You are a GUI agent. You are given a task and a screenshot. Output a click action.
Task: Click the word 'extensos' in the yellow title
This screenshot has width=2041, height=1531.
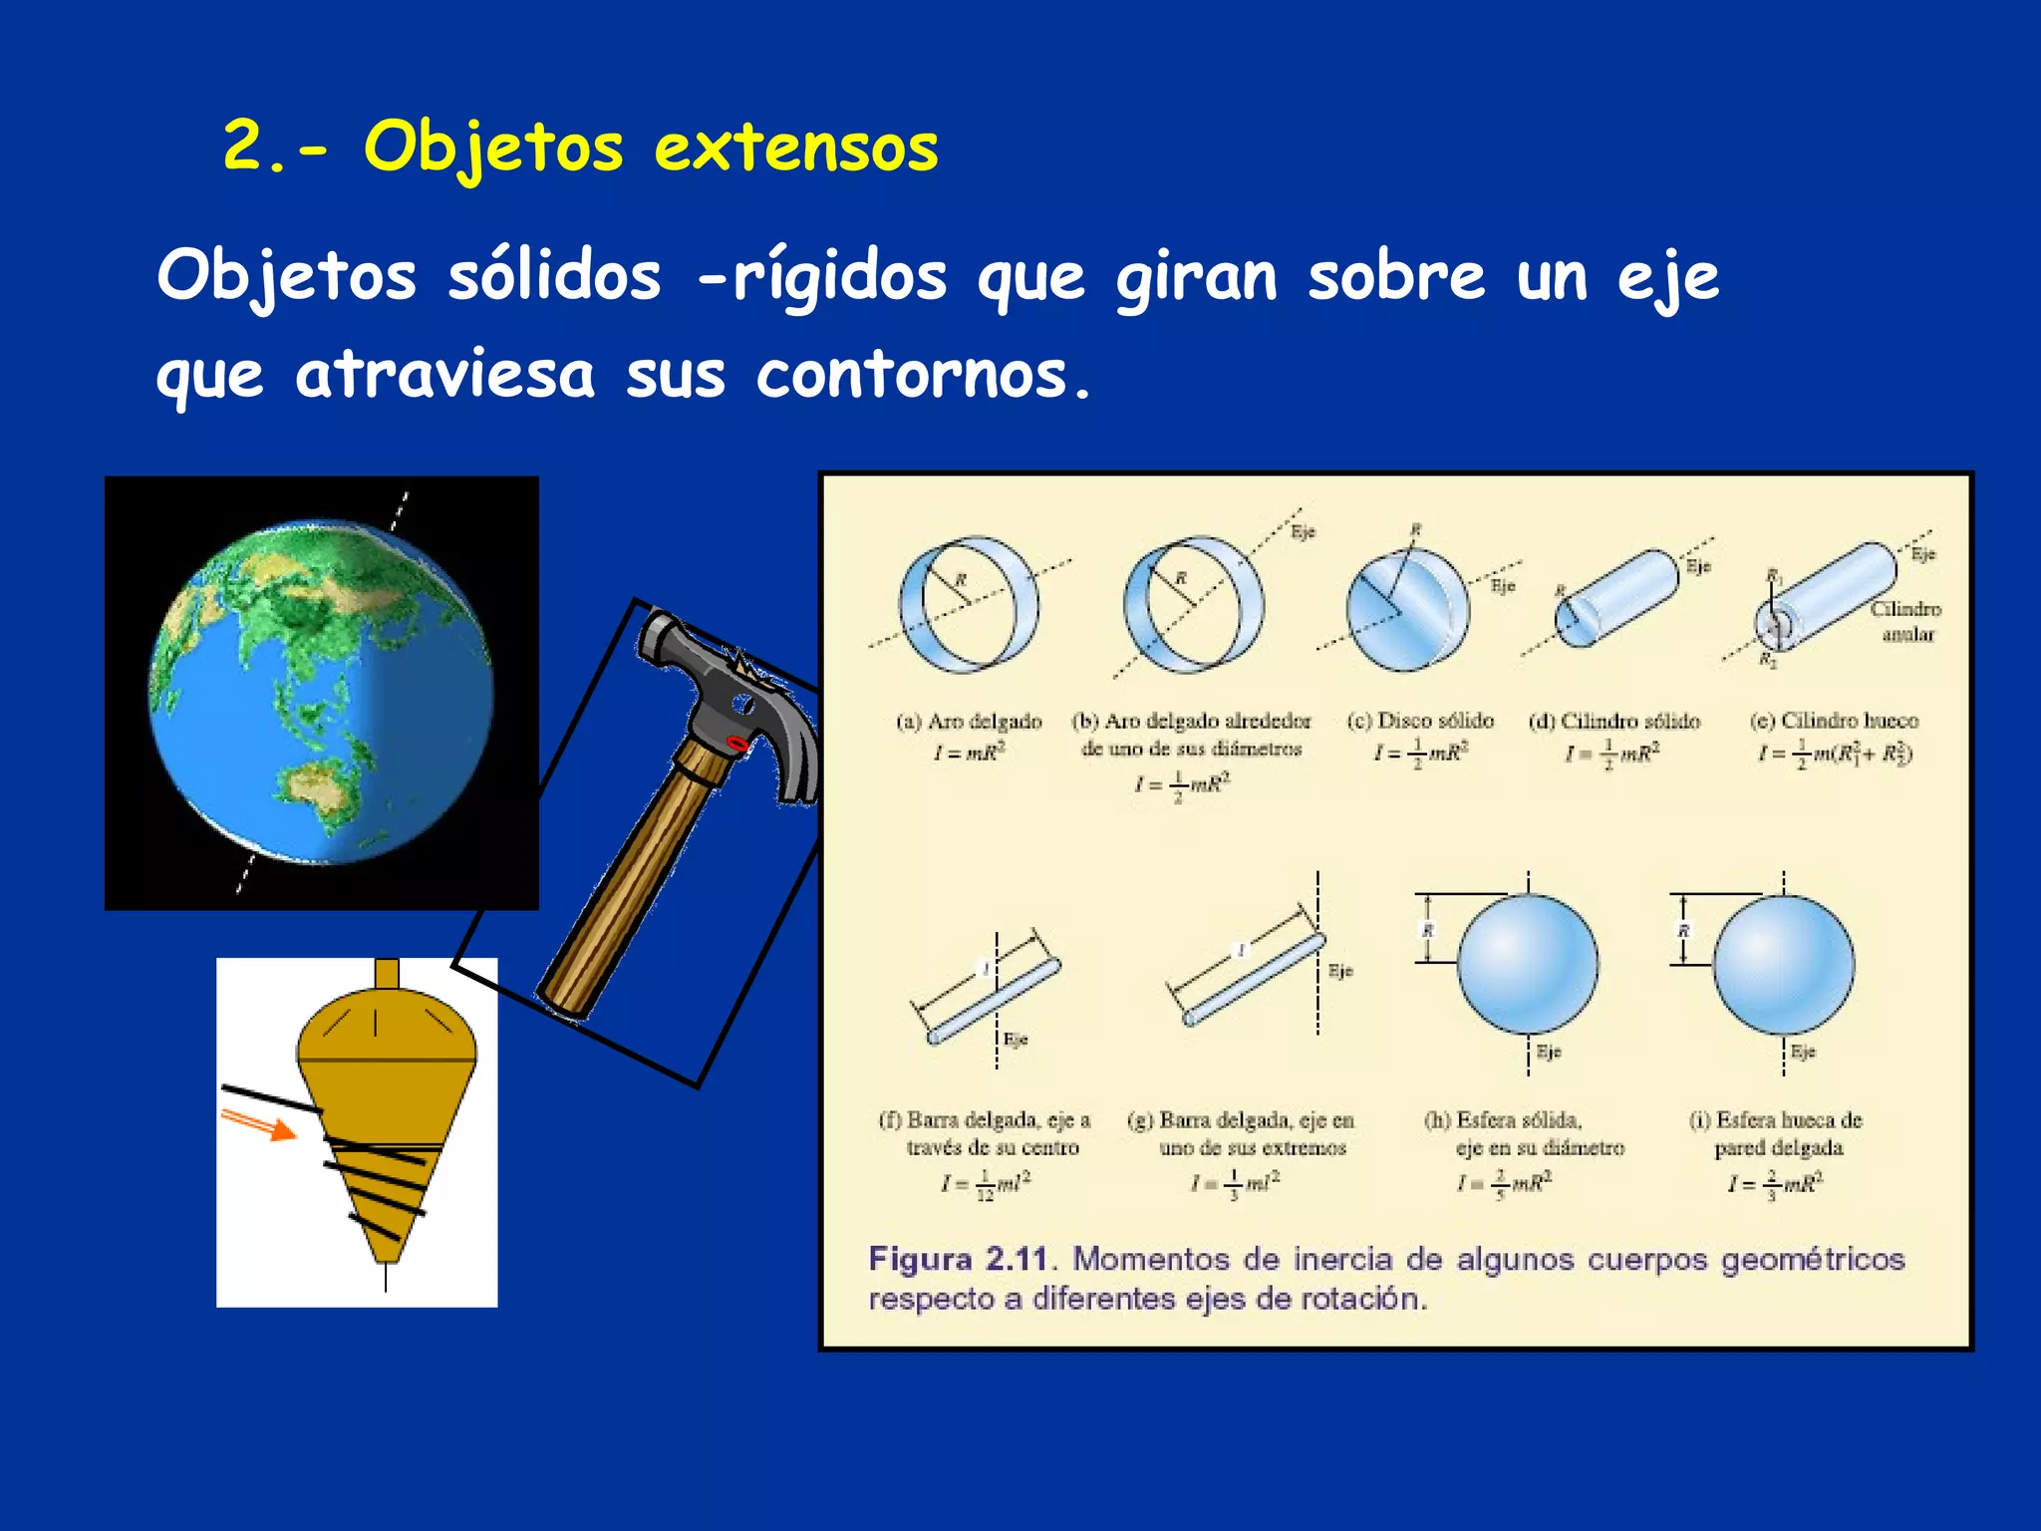click(x=795, y=148)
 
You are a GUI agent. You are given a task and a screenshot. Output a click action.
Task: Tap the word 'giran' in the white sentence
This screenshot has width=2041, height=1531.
click(x=1196, y=276)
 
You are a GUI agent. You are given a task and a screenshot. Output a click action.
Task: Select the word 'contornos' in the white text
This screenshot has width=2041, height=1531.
click(x=912, y=376)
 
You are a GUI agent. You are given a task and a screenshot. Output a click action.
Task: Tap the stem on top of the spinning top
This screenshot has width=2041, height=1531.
click(x=387, y=974)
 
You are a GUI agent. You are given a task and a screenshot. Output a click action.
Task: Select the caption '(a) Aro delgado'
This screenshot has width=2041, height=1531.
click(x=969, y=721)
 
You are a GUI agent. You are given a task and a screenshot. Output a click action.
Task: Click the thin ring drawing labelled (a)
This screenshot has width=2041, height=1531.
click(x=969, y=605)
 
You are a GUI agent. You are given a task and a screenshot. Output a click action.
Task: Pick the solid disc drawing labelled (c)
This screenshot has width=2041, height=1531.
click(x=1406, y=608)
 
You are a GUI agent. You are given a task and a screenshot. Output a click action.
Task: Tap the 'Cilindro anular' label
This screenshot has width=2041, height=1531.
click(x=1905, y=621)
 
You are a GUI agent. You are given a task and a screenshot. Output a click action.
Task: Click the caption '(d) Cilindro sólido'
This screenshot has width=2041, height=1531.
click(x=1614, y=721)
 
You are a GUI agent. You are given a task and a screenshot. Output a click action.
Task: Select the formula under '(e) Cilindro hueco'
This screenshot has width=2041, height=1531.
click(x=1835, y=754)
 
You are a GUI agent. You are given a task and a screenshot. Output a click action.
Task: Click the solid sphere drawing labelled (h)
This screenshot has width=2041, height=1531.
click(x=1527, y=964)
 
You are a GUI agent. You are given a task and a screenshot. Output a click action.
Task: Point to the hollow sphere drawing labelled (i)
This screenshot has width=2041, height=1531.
click(x=1783, y=964)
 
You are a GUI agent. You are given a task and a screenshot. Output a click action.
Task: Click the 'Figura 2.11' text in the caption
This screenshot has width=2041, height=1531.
click(x=960, y=1259)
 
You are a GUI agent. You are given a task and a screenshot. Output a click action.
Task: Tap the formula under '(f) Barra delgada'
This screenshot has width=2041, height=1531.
click(x=986, y=1184)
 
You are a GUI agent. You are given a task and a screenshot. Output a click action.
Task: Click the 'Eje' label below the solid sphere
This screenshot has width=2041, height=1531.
click(x=1548, y=1052)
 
